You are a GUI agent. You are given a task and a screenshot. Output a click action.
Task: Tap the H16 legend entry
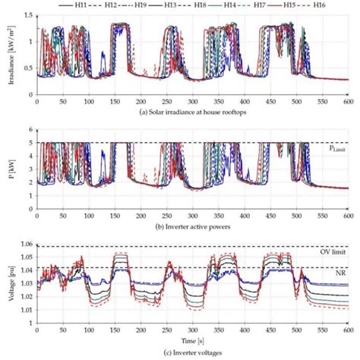[336, 5]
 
